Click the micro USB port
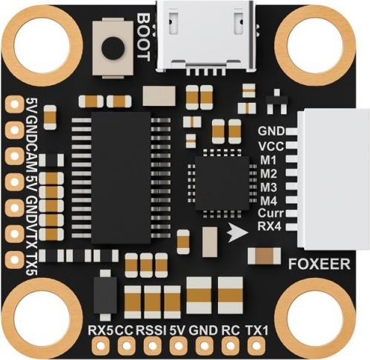pos(205,37)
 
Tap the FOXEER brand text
pos(320,264)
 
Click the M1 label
pos(268,160)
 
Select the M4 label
pos(268,201)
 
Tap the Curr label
pos(271,213)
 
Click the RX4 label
pos(269,226)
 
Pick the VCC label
pos(271,146)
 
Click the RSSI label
pos(151,330)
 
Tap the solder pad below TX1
pos(257,346)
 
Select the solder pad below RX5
pos(100,346)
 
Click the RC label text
pos(231,330)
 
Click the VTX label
pos(31,234)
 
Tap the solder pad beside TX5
pos(14,259)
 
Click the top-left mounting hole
pos(42,46)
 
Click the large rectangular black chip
pos(121,178)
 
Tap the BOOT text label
pos(143,37)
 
